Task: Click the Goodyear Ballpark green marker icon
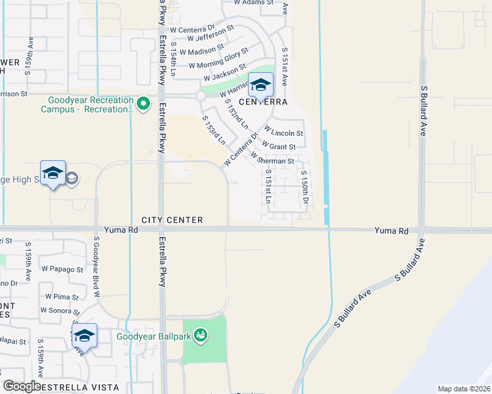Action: [x=201, y=336]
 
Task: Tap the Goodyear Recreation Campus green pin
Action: [x=143, y=104]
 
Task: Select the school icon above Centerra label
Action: [x=260, y=85]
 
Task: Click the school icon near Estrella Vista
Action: [x=84, y=336]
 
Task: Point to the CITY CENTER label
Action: [x=171, y=220]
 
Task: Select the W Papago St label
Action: [x=62, y=269]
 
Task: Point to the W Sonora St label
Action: [x=60, y=311]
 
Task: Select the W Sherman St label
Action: [x=272, y=159]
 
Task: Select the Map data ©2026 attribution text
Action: [x=464, y=388]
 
